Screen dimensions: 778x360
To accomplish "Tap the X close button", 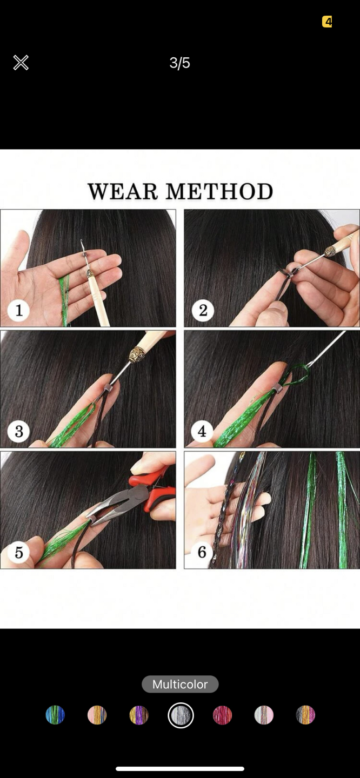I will (21, 63).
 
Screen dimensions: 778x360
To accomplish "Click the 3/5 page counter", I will (180, 63).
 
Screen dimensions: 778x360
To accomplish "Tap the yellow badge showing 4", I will (327, 22).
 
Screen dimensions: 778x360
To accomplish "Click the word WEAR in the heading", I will (123, 192).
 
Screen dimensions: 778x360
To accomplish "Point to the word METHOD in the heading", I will (219, 192).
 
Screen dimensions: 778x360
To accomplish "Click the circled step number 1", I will (18, 310).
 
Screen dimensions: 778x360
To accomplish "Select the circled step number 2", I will (203, 310).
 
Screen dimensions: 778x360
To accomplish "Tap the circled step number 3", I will (18, 431).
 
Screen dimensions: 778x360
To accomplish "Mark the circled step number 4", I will (202, 431).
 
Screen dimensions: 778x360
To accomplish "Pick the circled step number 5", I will (18, 552).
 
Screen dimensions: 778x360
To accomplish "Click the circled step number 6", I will (202, 552).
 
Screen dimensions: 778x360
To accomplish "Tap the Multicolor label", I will (180, 684).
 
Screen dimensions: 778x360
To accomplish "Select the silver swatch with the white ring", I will (181, 715).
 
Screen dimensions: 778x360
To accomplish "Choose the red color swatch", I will (222, 715).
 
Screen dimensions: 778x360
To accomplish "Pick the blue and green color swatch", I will (55, 715).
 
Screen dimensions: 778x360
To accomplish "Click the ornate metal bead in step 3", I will (136, 356).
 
